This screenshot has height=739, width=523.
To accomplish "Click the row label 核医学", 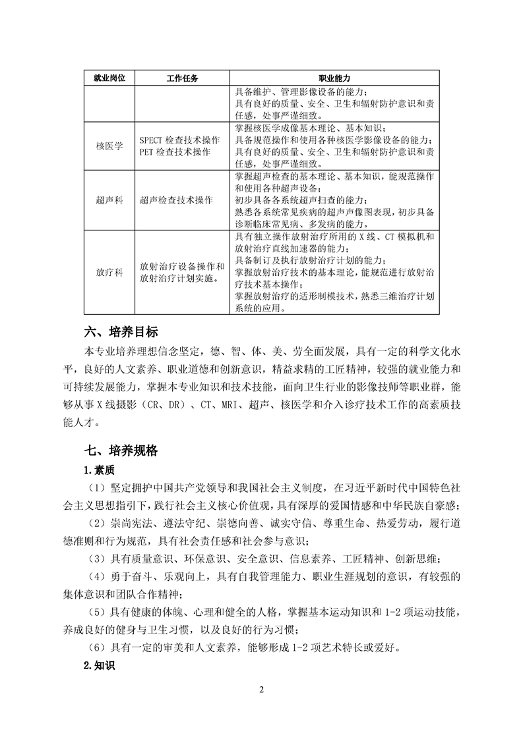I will pyautogui.click(x=109, y=146).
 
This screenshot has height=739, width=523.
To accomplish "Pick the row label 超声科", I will pyautogui.click(x=109, y=200).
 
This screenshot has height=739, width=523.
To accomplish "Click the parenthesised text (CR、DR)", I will pyautogui.click(x=159, y=402).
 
